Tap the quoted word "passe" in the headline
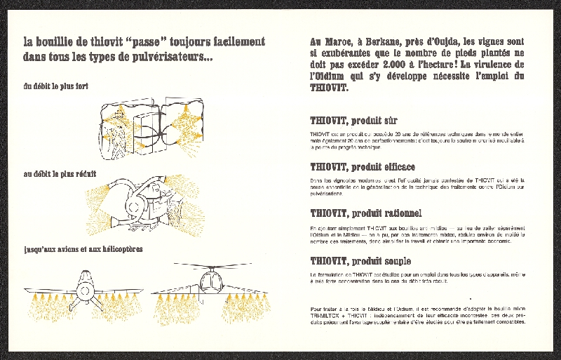(x=142, y=42)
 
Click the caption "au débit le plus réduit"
(x=60, y=173)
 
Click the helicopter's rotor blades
(x=211, y=266)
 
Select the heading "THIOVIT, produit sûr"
(x=353, y=121)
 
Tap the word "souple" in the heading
(x=394, y=260)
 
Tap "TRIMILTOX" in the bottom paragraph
(x=322, y=316)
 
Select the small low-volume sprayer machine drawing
(x=144, y=204)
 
